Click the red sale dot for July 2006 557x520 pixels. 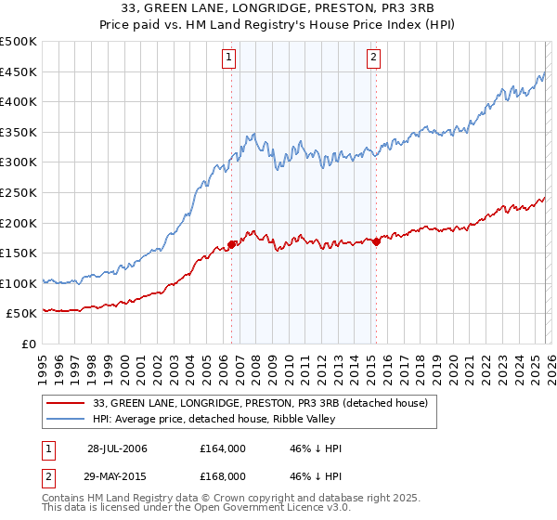coord(231,245)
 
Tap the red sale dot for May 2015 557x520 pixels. coord(376,242)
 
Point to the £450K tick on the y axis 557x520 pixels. coord(19,71)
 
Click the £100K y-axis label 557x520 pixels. coord(19,283)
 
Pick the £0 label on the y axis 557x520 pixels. coord(27,344)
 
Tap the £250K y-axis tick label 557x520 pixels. coord(19,192)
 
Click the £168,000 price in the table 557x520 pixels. coord(222,478)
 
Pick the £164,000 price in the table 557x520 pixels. coord(222,448)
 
